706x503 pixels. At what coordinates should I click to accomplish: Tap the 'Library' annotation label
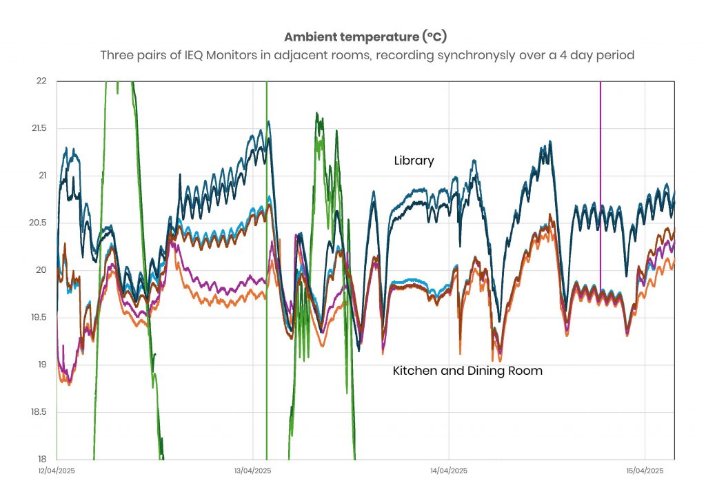[414, 161]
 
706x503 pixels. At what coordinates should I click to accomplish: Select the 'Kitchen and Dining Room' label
[467, 371]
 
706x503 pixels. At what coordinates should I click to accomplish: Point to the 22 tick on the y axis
[41, 81]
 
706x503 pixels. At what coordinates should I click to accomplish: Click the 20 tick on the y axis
[41, 270]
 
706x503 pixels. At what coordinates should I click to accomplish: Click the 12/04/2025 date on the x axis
[57, 471]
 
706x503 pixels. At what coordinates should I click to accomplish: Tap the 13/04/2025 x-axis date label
[252, 471]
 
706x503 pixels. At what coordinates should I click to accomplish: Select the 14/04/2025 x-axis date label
[449, 471]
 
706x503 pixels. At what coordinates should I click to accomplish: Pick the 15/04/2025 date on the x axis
[645, 471]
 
